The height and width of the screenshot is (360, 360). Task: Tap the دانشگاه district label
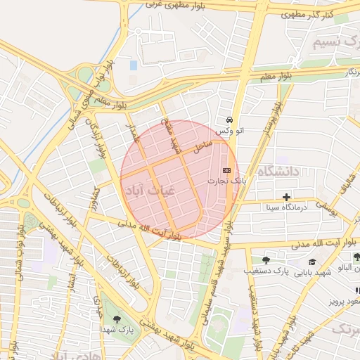click(x=278, y=172)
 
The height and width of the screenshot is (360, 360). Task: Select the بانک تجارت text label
click(x=222, y=181)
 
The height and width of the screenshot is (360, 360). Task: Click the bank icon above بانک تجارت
click(x=226, y=170)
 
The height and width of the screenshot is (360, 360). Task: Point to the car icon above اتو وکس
click(x=230, y=120)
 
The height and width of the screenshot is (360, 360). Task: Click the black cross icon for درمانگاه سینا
click(x=285, y=198)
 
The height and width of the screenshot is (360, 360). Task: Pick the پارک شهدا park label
click(x=116, y=330)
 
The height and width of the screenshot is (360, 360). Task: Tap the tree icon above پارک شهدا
click(x=116, y=319)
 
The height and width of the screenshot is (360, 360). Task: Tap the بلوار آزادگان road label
click(x=97, y=138)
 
